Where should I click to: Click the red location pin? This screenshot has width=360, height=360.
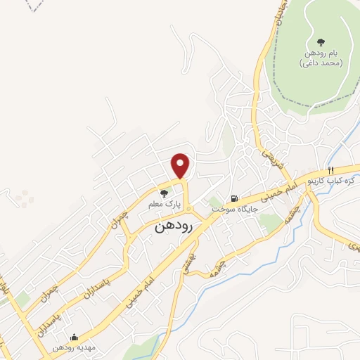point(181,165)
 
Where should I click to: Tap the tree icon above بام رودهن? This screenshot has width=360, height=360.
point(322,42)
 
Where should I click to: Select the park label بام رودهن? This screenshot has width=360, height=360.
point(323,54)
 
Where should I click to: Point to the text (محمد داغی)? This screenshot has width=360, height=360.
point(321,63)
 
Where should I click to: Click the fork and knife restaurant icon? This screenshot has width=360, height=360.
point(330,170)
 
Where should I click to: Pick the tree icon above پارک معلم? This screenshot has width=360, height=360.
point(165,193)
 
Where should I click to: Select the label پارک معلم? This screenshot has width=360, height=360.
point(165,204)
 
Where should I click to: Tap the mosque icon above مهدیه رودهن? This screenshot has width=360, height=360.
point(75,337)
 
